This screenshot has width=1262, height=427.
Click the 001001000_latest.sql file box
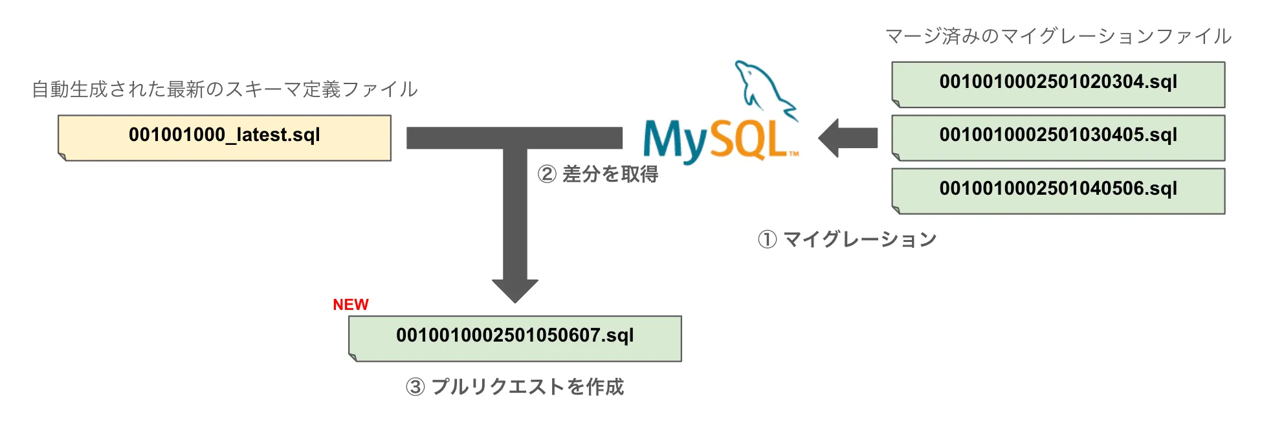click(x=225, y=137)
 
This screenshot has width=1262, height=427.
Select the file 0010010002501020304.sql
click(x=1058, y=84)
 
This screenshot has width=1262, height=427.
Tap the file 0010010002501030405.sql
click(x=1058, y=137)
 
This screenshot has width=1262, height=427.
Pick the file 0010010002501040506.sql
click(x=1058, y=191)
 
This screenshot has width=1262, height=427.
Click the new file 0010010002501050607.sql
click(x=515, y=338)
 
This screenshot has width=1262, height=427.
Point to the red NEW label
click(x=350, y=305)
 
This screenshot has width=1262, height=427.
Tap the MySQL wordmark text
click(x=718, y=140)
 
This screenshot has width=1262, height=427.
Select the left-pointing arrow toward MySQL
click(x=848, y=138)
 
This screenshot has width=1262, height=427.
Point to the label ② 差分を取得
click(x=598, y=174)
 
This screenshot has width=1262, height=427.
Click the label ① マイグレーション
click(x=847, y=239)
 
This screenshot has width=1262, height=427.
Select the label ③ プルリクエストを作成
click(x=515, y=387)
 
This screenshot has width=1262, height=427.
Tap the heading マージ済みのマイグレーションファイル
click(x=1058, y=36)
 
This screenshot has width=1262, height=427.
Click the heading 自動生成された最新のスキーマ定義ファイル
click(x=225, y=89)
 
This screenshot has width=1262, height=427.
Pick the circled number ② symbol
click(x=547, y=174)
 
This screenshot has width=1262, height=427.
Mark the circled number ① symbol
click(x=767, y=239)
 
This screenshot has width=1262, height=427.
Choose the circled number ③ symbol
click(x=415, y=387)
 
